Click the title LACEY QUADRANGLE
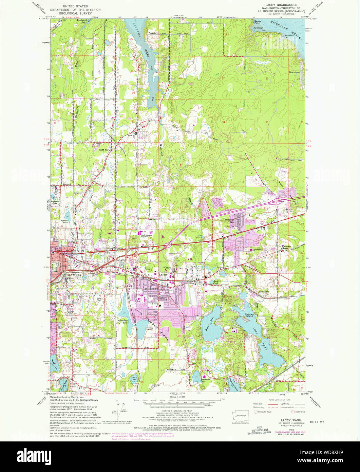[x=277, y=6]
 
